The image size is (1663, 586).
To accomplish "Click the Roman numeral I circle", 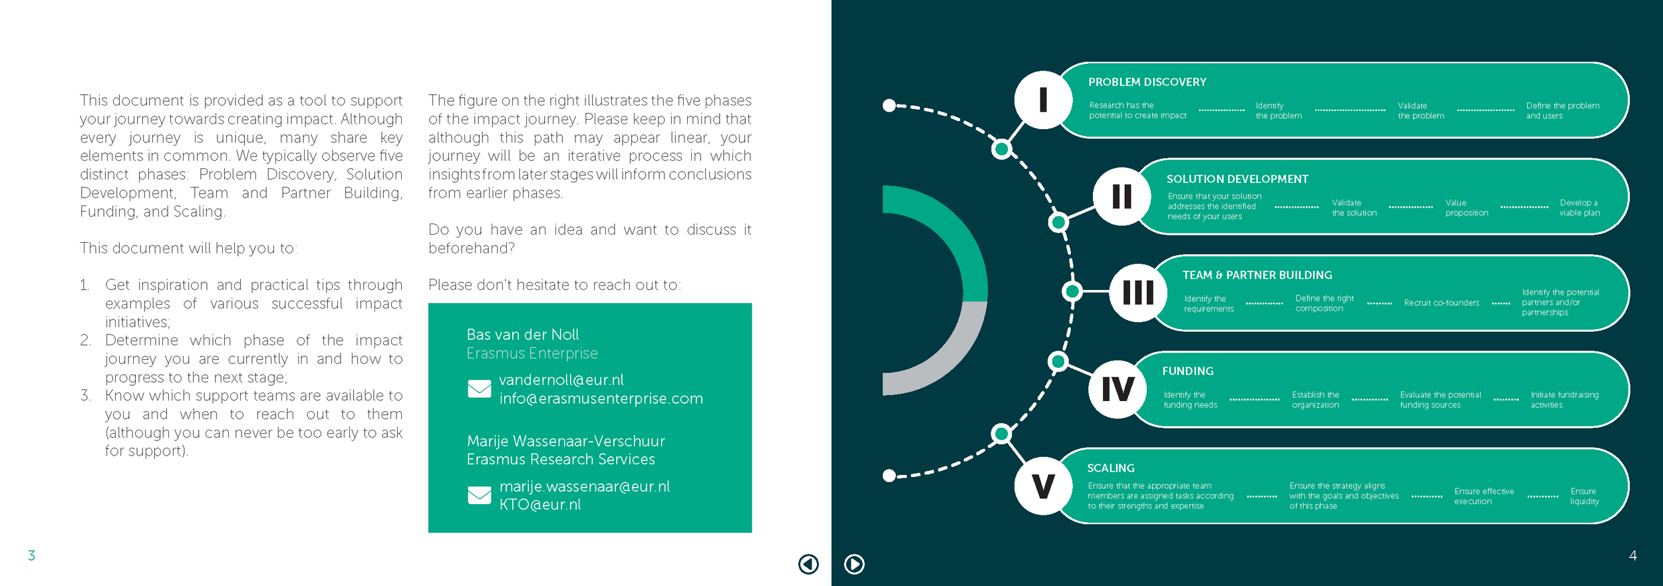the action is tap(1043, 100).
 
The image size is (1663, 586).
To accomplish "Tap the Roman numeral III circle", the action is tap(1138, 293).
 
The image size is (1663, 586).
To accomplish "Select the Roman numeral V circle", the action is tap(1043, 486).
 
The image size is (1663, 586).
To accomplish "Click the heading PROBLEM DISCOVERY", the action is tap(1147, 82).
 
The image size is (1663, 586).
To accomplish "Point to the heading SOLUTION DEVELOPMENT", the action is tap(1237, 180).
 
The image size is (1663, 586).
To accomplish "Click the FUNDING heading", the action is tap(1187, 371).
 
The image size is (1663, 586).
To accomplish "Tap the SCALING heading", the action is tap(1110, 468).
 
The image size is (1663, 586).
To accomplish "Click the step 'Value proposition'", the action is tap(1466, 208).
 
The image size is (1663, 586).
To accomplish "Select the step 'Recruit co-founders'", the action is tap(1441, 303).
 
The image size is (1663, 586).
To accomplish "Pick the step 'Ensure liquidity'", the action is tap(1584, 496).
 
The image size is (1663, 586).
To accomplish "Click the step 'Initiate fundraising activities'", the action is tap(1564, 400).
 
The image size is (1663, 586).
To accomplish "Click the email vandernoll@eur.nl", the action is tap(561, 380).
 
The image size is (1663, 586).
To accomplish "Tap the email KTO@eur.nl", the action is tap(540, 505).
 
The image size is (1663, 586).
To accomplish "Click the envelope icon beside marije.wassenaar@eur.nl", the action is tap(479, 496).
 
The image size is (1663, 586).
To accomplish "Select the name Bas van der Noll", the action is tap(523, 335).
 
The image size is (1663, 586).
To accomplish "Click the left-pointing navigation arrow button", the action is tap(808, 564).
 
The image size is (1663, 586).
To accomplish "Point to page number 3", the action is tap(31, 555).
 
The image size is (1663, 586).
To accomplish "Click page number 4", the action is tap(1632, 555).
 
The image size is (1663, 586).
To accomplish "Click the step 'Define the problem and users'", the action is tap(1562, 111).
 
